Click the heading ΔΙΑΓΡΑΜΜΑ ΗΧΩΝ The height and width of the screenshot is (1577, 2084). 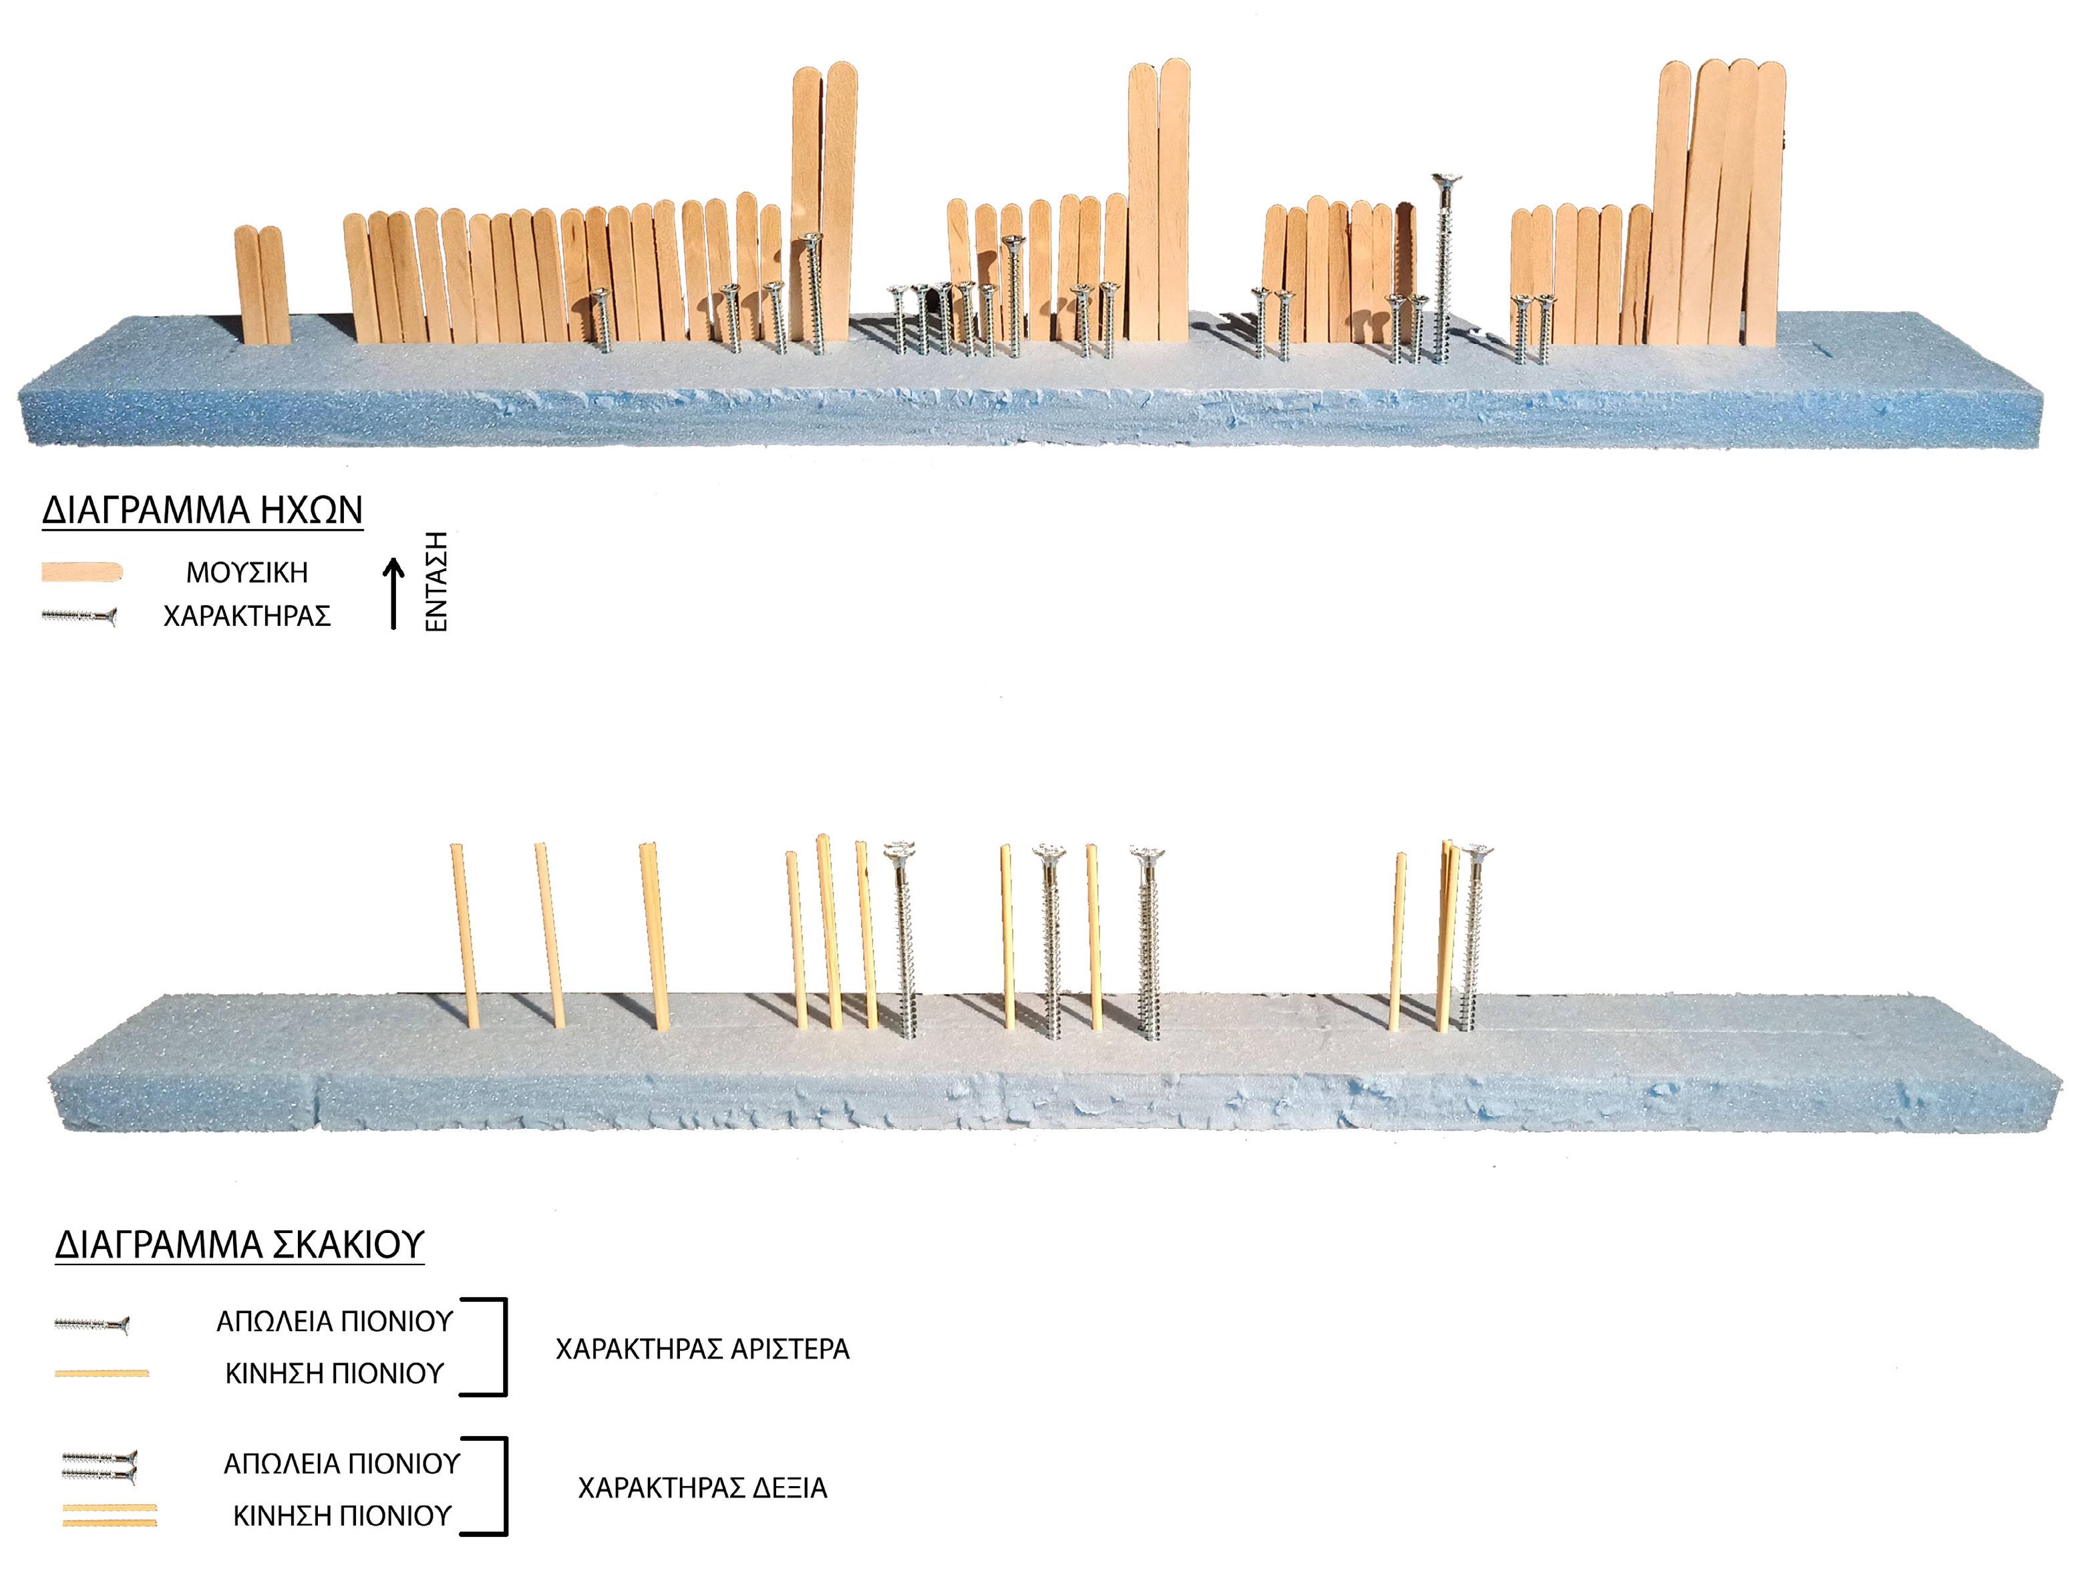tap(202, 510)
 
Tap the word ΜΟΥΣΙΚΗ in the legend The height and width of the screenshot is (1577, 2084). tap(247, 572)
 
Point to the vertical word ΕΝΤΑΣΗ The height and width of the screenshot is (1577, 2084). tap(436, 580)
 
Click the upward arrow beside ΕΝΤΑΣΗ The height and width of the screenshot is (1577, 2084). tap(395, 594)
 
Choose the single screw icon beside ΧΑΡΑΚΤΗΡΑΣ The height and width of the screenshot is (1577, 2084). tap(79, 617)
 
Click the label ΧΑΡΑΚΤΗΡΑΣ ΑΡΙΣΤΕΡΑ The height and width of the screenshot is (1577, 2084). tap(702, 1349)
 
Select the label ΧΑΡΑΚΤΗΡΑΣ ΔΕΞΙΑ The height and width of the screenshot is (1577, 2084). tap(702, 1488)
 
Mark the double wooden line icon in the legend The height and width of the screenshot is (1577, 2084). tap(110, 1515)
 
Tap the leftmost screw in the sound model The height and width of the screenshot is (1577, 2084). tap(599, 321)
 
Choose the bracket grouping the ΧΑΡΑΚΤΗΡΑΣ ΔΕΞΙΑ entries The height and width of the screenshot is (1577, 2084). tap(500, 1487)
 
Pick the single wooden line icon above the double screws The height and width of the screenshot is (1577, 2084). tap(102, 1373)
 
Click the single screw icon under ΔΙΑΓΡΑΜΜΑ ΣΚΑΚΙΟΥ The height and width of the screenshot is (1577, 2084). tap(92, 1325)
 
